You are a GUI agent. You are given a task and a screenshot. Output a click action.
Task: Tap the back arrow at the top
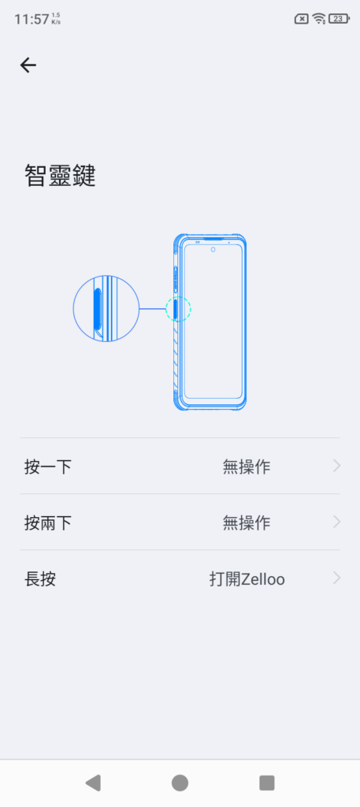point(28,65)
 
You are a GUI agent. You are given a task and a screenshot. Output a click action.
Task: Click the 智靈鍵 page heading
point(60,176)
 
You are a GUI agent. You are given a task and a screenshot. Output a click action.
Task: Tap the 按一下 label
point(48,467)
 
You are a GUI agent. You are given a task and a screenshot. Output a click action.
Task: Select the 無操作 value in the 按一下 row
point(247,467)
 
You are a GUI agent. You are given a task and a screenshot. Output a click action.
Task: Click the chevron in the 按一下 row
point(337,467)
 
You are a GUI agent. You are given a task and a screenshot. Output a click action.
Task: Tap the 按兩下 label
point(48,523)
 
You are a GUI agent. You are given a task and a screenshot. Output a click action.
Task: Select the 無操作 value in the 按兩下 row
point(247,523)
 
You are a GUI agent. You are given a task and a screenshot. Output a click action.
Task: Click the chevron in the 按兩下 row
point(337,522)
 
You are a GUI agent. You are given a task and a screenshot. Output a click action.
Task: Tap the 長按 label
point(40,579)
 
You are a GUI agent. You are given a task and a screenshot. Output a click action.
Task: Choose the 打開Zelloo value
point(247,579)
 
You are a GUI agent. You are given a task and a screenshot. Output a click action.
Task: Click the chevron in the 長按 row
point(337,578)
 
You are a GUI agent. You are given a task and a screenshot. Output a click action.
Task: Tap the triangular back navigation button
point(93,783)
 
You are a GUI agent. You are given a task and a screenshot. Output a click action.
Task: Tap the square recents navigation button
point(267,783)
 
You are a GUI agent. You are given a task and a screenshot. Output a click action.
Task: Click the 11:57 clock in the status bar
point(32,20)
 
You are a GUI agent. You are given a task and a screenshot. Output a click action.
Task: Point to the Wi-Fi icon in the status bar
point(319,19)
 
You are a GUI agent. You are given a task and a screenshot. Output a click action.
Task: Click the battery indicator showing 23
point(339,19)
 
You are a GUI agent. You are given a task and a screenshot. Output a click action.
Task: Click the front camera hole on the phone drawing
point(213,250)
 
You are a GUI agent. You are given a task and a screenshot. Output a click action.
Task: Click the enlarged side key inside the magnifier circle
point(97,308)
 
